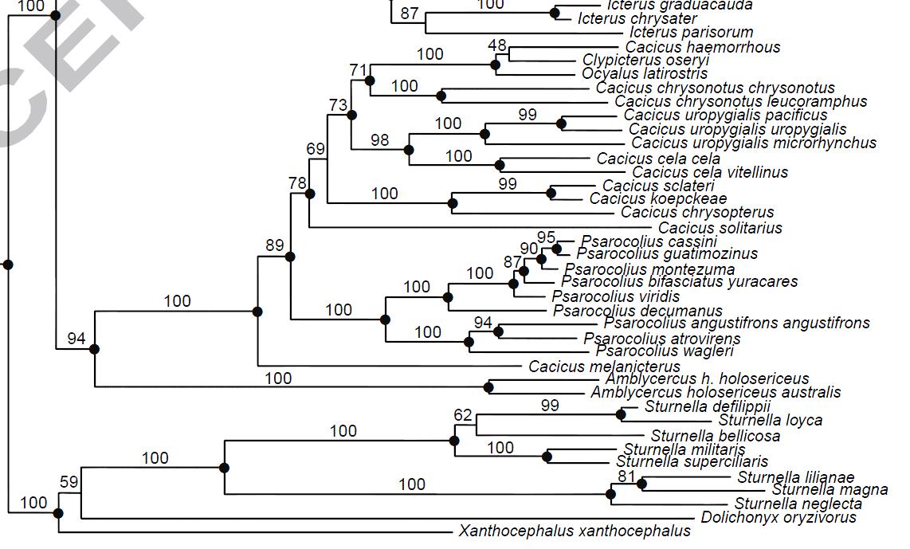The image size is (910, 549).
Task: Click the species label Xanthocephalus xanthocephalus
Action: coord(575,531)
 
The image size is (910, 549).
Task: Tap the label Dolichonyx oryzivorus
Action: coord(779,517)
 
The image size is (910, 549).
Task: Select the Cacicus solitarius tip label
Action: coord(720,228)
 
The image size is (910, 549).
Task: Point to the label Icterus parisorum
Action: coord(691,33)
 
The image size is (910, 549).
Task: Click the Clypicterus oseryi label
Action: coord(646,61)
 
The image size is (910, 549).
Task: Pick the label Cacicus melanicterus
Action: coord(605,367)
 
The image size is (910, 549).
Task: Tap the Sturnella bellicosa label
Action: coord(716,436)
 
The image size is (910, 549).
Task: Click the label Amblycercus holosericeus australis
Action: coord(716,392)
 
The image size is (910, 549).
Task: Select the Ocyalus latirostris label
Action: coord(645,74)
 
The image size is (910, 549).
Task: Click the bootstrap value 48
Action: coord(498,45)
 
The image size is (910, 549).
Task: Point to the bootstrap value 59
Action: coord(69,481)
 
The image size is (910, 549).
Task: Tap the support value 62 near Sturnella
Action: coord(463,415)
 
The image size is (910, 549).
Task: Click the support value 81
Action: coord(628,477)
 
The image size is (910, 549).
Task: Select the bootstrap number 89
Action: coord(275,245)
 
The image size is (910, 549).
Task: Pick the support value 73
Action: coord(339,105)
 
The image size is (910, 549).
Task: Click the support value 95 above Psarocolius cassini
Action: coord(546,237)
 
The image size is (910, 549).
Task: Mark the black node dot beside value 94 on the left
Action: coord(95,348)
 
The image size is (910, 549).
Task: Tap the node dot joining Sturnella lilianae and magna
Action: coord(641,484)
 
